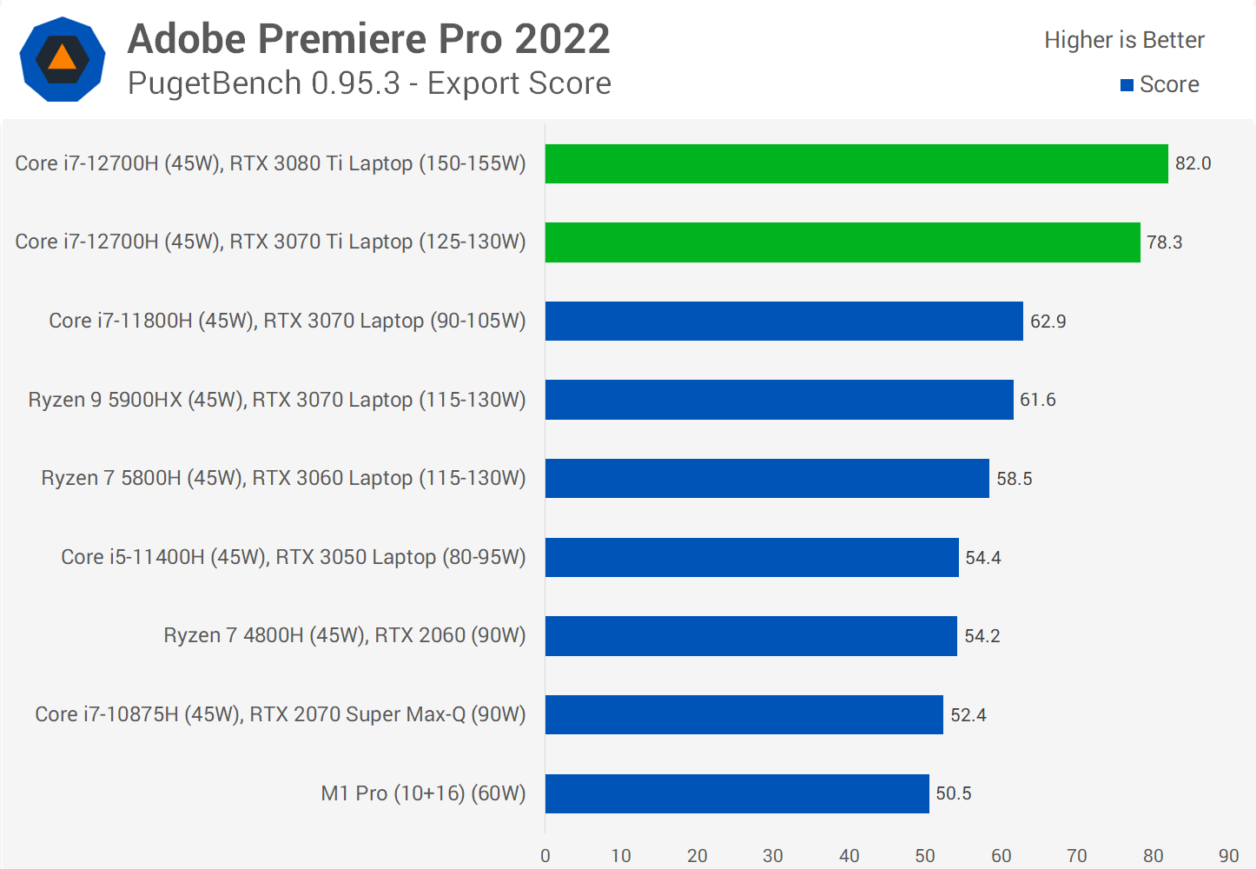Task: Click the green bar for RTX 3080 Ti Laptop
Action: pyautogui.click(x=856, y=163)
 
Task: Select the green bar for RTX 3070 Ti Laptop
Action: pyautogui.click(x=843, y=242)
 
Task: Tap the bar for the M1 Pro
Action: pyautogui.click(x=737, y=793)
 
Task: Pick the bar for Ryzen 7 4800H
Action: pyautogui.click(x=750, y=636)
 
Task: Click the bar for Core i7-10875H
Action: pyautogui.click(x=744, y=714)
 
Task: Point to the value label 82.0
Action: pyautogui.click(x=1193, y=163)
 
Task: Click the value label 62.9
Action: pyautogui.click(x=1048, y=322)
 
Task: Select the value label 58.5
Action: pyautogui.click(x=1014, y=479)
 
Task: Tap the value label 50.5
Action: pyautogui.click(x=953, y=793)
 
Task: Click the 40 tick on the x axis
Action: pyautogui.click(x=849, y=856)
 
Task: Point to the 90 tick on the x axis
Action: pyautogui.click(x=1228, y=856)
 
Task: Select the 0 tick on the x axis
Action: pyautogui.click(x=545, y=856)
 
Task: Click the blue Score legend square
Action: pyautogui.click(x=1127, y=85)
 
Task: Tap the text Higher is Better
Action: pyautogui.click(x=1124, y=40)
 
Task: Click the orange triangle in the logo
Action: pyautogui.click(x=63, y=58)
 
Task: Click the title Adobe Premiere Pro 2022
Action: pyautogui.click(x=369, y=39)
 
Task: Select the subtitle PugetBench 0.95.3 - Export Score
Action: pyautogui.click(x=369, y=83)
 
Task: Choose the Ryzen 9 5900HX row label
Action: pyautogui.click(x=277, y=400)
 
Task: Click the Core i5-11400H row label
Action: pyautogui.click(x=294, y=557)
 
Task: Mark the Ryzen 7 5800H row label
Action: pyautogui.click(x=283, y=479)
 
